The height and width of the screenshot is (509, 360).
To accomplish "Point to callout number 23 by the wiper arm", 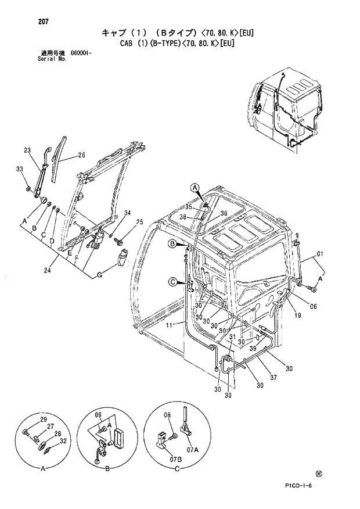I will [27, 151].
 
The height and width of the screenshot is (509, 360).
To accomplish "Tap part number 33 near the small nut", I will [19, 169].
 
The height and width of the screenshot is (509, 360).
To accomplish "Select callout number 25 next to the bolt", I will [139, 222].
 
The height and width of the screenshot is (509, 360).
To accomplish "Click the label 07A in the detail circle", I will [192, 449].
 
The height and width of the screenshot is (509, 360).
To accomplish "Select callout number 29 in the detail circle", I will [43, 420].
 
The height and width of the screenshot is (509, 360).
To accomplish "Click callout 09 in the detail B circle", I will [98, 415].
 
